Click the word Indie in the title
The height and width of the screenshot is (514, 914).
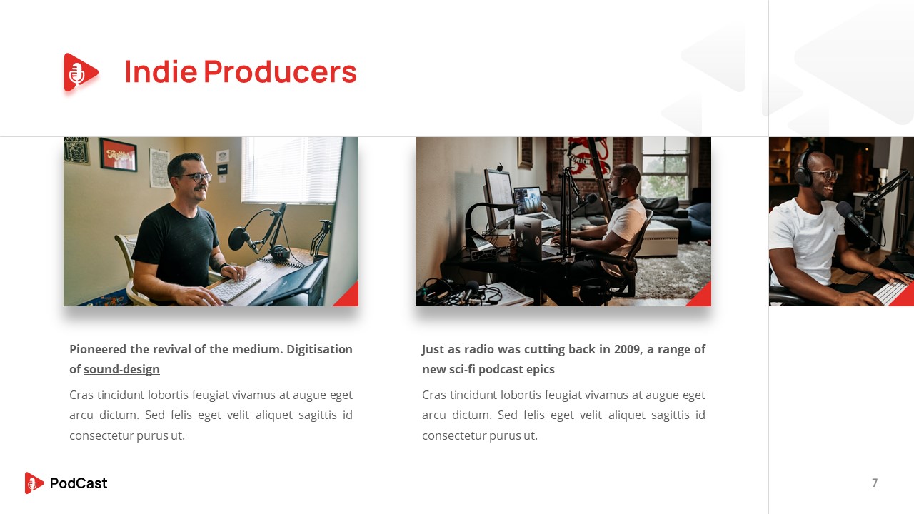tap(160, 72)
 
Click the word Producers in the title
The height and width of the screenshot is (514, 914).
tap(280, 72)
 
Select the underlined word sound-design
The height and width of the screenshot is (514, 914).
tap(121, 370)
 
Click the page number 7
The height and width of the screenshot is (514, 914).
tap(875, 483)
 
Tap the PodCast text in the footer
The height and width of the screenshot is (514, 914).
tap(79, 483)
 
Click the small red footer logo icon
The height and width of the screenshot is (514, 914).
tap(34, 483)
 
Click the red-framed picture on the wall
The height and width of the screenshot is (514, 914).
tap(119, 154)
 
